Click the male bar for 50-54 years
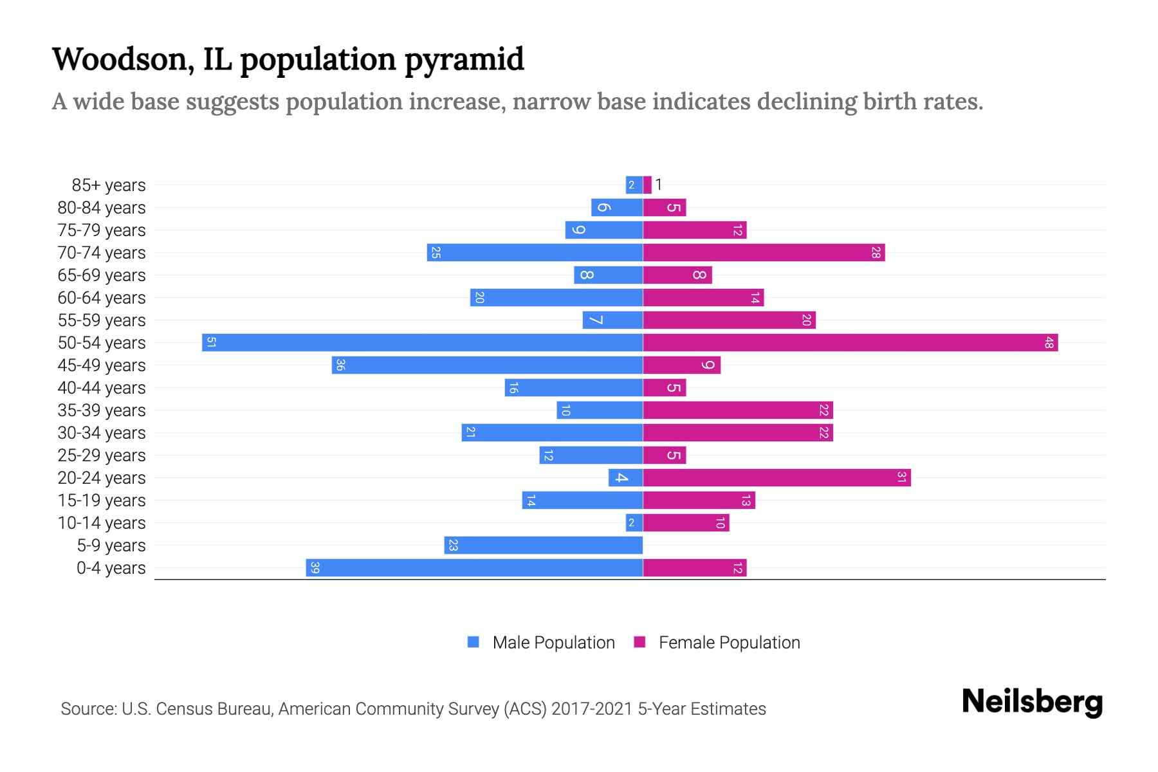coord(423,342)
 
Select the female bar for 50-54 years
coord(850,342)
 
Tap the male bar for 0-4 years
coord(475,567)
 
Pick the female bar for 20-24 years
coord(777,477)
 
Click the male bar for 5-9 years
coord(544,545)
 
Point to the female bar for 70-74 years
coord(764,252)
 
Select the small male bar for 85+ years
coord(634,185)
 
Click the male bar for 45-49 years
coord(488,365)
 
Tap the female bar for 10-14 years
coord(686,522)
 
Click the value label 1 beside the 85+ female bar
coord(659,185)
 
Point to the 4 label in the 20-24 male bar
coord(621,477)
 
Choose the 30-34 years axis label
coord(102,432)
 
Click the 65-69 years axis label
coord(102,275)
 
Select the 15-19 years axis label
coord(102,500)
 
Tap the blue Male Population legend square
coord(473,642)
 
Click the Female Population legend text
coord(729,642)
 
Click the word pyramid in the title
coord(464,59)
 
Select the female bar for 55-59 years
coord(729,320)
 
